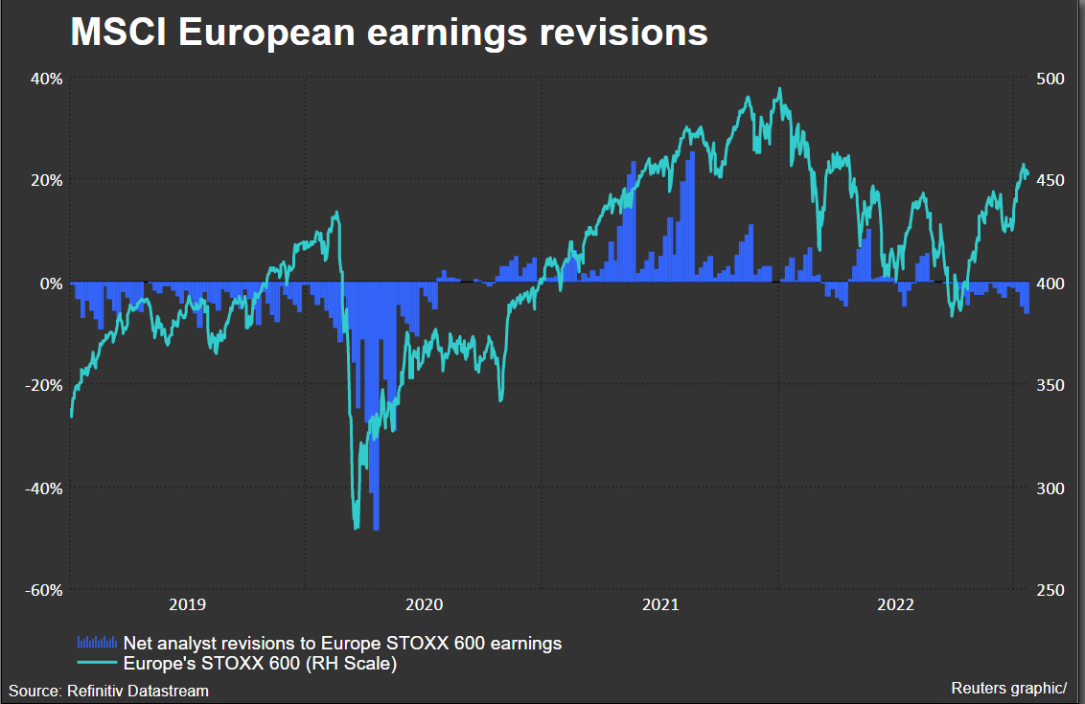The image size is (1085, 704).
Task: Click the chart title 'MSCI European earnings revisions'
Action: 389,33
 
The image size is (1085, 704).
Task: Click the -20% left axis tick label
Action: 44,385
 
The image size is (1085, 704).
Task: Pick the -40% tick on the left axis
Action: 44,488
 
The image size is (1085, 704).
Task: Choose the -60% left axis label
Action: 44,590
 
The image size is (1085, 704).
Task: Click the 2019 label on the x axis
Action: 187,604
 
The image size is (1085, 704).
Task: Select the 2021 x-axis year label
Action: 659,604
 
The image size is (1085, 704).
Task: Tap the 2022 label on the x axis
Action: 896,604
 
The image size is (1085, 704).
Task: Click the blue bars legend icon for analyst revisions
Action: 97,642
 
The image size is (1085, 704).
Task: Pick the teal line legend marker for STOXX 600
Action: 97,662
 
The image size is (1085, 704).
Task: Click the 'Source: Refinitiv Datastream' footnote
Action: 109,690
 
